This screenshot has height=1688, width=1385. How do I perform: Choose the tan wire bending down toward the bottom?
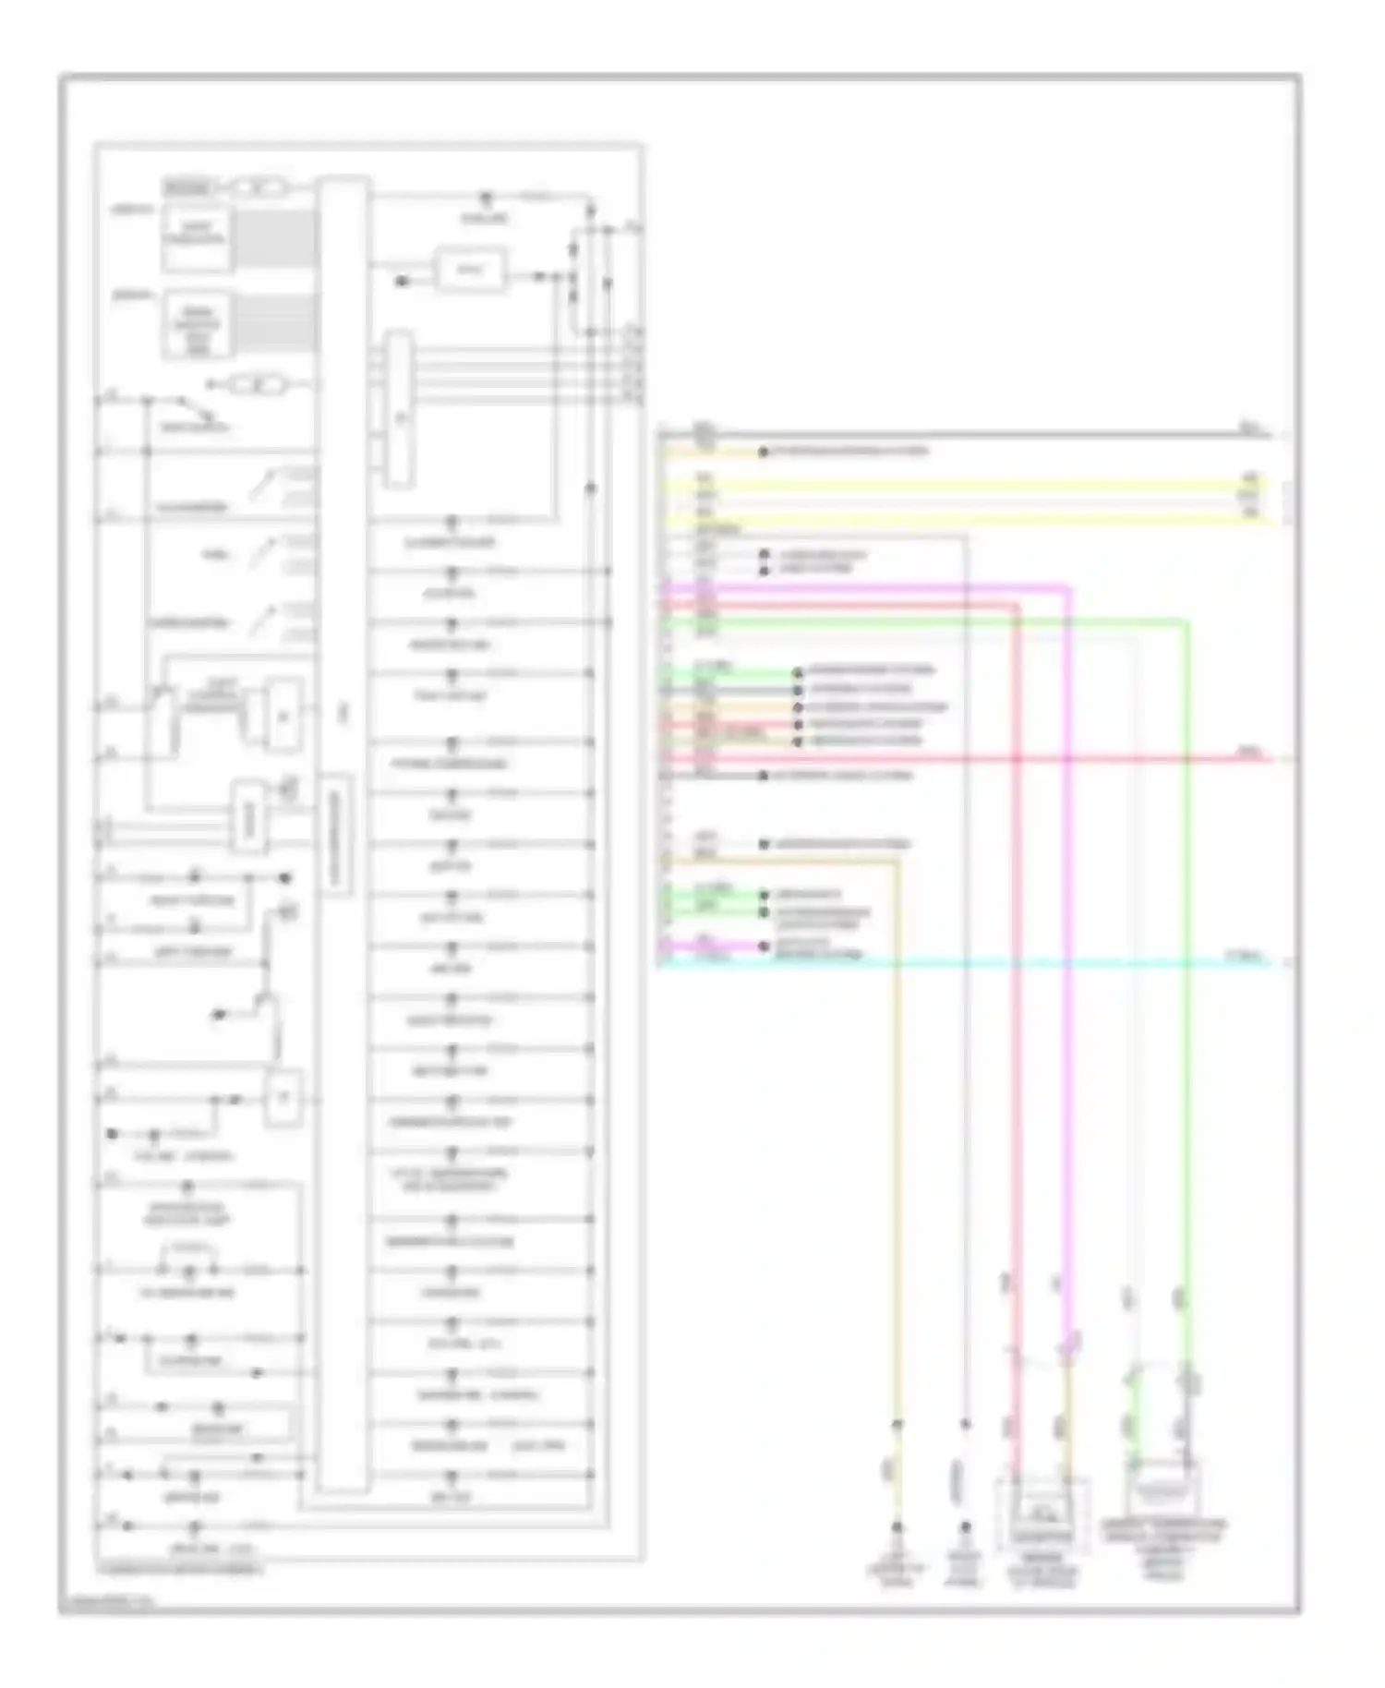click(x=896, y=1108)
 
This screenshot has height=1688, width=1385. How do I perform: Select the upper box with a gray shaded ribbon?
click(x=195, y=239)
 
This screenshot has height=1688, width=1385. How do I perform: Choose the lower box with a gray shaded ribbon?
click(x=195, y=324)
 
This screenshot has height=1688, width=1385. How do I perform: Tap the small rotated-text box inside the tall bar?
click(x=337, y=836)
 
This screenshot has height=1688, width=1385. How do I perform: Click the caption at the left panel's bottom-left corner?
click(x=181, y=1569)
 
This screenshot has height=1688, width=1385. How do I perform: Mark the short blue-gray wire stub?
click(x=729, y=689)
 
